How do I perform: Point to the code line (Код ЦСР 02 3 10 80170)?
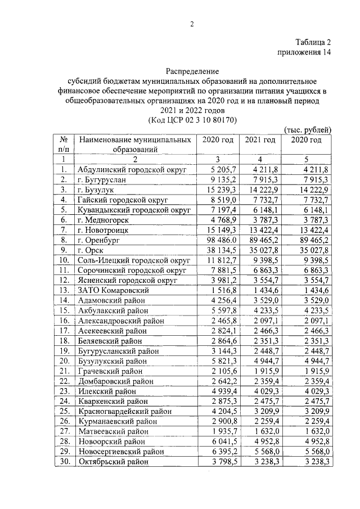pos(192,120)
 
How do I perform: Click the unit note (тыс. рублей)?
pos(308,130)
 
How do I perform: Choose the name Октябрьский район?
pos(113,462)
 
